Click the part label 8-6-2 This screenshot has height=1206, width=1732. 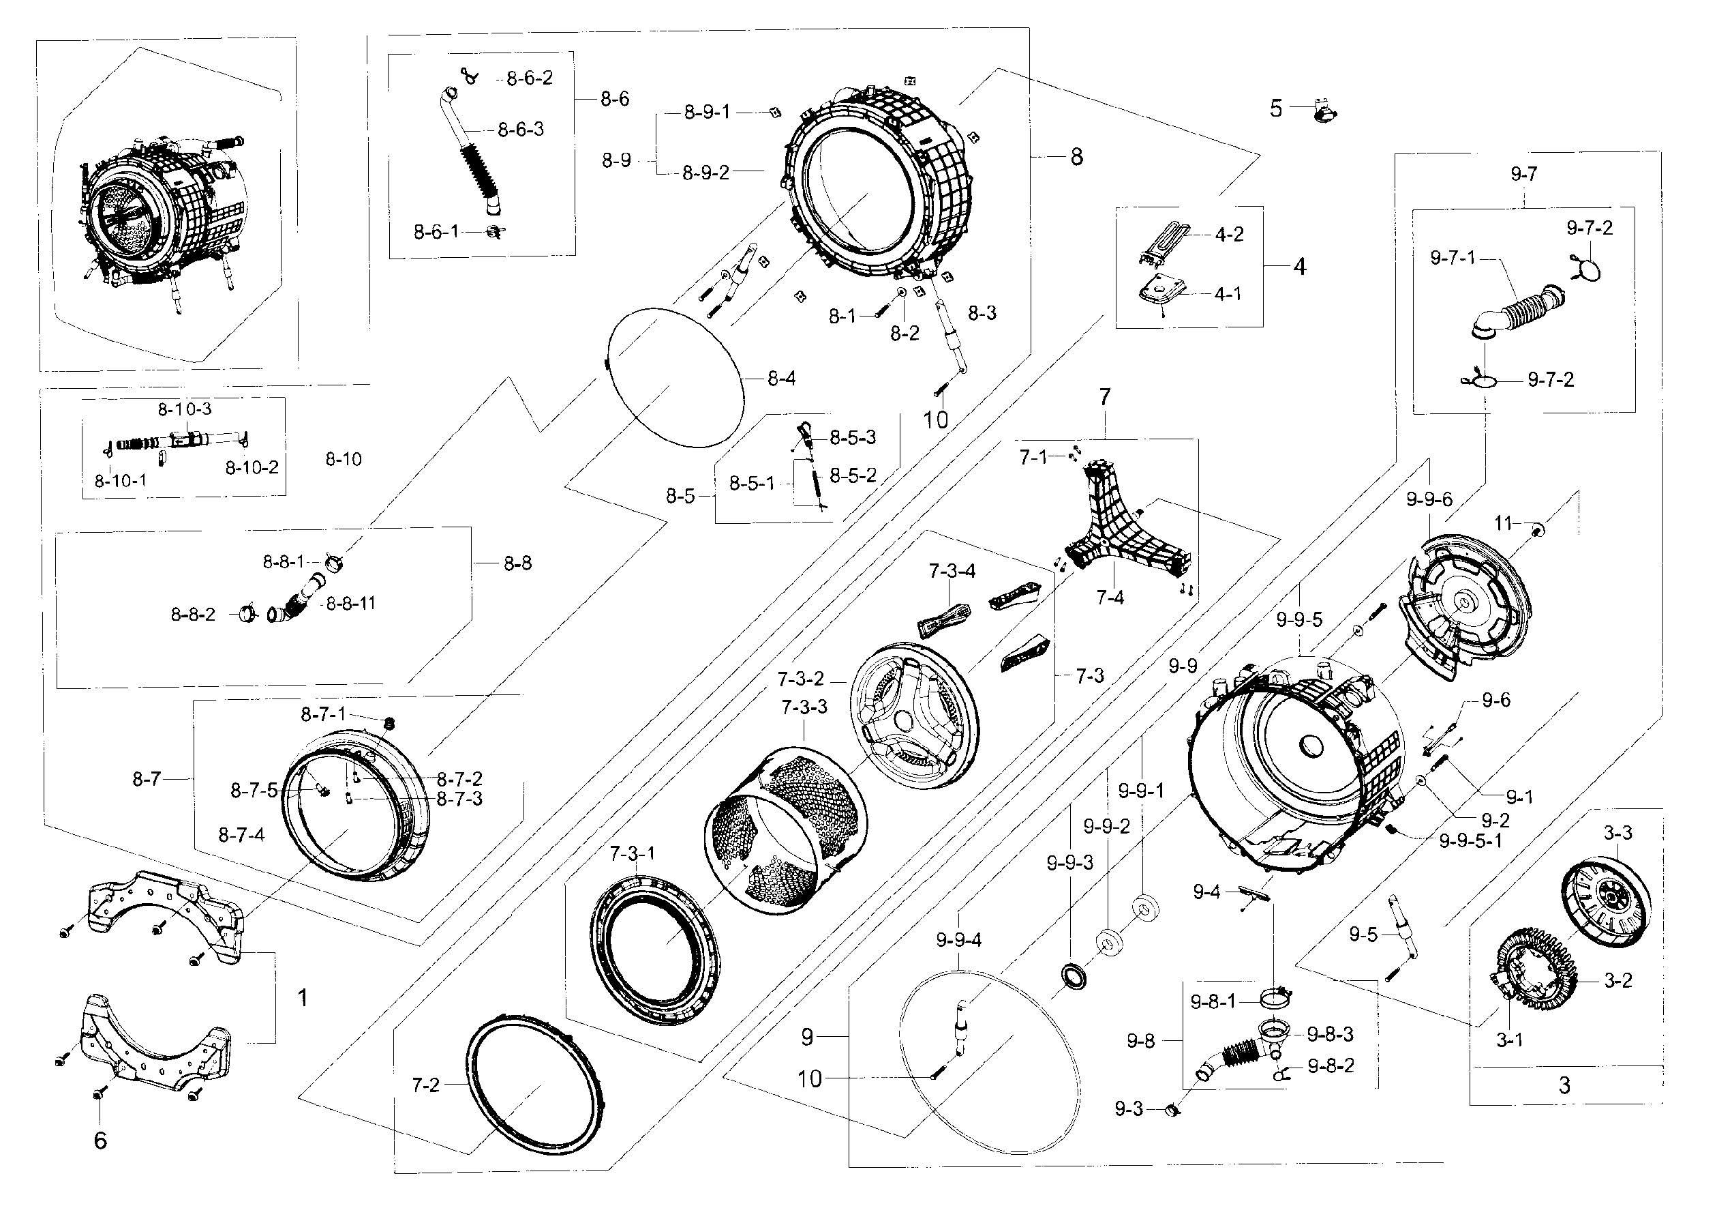pyautogui.click(x=529, y=78)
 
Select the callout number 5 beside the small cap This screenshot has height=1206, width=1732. pyautogui.click(x=1275, y=108)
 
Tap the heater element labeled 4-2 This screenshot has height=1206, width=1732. pyautogui.click(x=1166, y=242)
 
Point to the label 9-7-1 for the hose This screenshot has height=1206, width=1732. pyautogui.click(x=1452, y=258)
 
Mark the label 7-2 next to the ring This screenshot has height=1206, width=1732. pyautogui.click(x=425, y=1085)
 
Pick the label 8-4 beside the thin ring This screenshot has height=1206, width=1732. pyautogui.click(x=782, y=378)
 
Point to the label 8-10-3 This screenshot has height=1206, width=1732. pyautogui.click(x=184, y=409)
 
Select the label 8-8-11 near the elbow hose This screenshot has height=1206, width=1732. pyautogui.click(x=350, y=603)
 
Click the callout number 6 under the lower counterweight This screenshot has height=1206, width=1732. pyautogui.click(x=100, y=1141)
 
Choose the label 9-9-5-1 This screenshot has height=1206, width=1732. pyautogui.click(x=1470, y=840)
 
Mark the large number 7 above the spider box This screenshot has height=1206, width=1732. pyautogui.click(x=1104, y=397)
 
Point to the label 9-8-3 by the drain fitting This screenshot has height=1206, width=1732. pyautogui.click(x=1331, y=1034)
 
